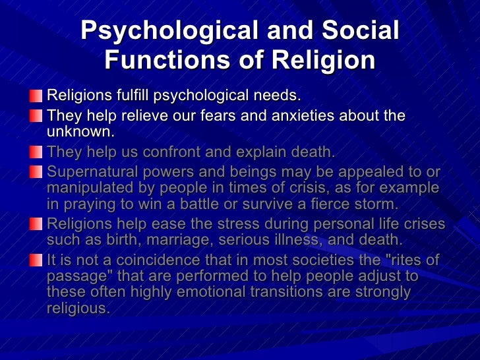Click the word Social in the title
357,32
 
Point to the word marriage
193,239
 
